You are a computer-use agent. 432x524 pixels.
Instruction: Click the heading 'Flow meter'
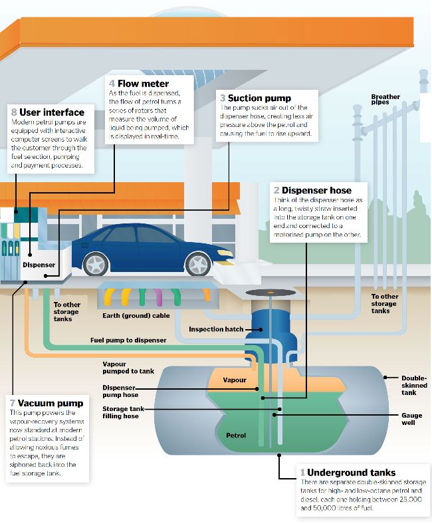142,83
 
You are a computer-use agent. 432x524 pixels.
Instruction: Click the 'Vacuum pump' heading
51,403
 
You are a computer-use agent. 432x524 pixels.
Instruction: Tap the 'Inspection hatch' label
216,329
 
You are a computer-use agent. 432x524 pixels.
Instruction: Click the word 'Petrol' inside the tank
236,436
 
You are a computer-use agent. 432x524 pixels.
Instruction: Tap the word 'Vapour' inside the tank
235,380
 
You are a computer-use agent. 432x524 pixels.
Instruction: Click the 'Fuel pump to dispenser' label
128,340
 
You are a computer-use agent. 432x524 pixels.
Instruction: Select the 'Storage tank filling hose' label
120,412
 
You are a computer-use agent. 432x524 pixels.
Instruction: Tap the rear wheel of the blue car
96,265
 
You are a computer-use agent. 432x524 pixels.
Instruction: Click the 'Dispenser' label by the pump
39,265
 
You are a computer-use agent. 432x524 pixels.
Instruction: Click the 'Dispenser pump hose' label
120,391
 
